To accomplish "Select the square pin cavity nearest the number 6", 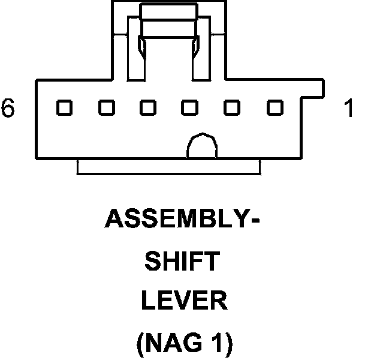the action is [64, 108].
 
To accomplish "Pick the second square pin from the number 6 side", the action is [107, 108].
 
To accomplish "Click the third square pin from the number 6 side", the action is [148, 108].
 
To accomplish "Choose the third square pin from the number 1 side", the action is [190, 108].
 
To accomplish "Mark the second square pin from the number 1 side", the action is [232, 108].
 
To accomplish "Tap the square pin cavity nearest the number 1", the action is [275, 108].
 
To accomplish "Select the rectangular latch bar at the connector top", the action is [168, 11].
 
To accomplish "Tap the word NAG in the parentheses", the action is [173, 343].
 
